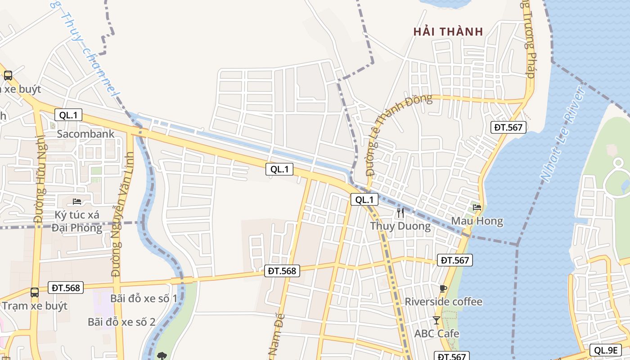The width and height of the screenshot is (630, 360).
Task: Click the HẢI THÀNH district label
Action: (448, 31)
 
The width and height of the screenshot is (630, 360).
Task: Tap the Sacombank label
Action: (85, 134)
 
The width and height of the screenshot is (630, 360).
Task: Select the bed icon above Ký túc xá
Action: (77, 201)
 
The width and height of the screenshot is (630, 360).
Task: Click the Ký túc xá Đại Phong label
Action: (77, 221)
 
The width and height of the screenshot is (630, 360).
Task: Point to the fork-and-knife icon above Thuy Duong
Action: (400, 213)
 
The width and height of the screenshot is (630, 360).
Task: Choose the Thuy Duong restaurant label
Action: (400, 226)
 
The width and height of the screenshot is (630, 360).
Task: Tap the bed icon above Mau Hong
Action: (477, 207)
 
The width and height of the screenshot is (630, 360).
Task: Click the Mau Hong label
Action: (477, 221)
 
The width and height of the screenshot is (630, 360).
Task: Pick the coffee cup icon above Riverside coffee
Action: (443, 288)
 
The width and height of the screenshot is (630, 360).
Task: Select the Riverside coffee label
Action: (444, 301)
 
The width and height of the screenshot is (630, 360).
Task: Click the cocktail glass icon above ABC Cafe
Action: (436, 320)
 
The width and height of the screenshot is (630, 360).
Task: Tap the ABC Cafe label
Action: (436, 333)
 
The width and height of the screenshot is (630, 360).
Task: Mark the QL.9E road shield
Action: (605, 350)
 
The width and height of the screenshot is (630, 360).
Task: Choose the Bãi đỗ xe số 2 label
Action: (121, 322)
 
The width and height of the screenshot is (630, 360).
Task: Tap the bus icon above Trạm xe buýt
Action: (35, 292)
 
